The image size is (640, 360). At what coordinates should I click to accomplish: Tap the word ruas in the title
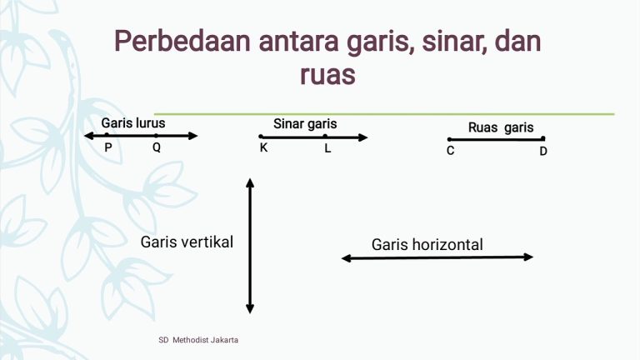[327, 74]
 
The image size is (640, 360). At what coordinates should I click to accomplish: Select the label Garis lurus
[133, 122]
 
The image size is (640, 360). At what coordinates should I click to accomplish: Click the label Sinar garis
[305, 123]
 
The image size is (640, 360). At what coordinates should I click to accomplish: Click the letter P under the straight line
[108, 147]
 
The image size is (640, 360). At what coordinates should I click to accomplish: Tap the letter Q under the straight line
[156, 147]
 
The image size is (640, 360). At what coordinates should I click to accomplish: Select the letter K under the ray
[263, 148]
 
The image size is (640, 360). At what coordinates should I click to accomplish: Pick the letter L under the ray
[327, 148]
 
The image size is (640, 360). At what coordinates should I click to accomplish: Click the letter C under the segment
[450, 151]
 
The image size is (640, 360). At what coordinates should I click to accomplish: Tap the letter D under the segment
[542, 151]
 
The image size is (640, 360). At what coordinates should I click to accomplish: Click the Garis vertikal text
[187, 242]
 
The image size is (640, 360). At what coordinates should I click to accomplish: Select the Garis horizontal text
[427, 244]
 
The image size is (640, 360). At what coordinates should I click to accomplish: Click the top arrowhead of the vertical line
[250, 182]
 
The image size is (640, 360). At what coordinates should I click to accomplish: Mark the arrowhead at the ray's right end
[362, 137]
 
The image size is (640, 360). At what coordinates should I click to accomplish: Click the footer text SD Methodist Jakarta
[198, 341]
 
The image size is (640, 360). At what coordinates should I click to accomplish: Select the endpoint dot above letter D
[542, 139]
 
